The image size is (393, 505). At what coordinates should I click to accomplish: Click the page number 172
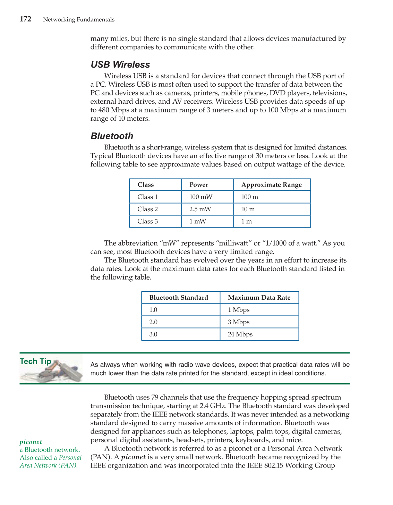[25, 19]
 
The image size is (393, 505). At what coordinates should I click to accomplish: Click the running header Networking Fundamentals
[79, 20]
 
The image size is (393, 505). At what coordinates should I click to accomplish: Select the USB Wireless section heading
[120, 65]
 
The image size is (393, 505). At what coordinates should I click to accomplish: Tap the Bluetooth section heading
[112, 136]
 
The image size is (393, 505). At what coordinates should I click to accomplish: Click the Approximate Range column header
[271, 185]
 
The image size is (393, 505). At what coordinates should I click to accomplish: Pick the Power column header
[199, 185]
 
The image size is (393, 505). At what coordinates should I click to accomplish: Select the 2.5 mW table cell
[200, 209]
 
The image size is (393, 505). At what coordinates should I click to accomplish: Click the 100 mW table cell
[200, 197]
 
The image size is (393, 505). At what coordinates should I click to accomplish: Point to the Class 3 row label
[147, 221]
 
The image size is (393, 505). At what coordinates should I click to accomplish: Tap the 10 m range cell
[248, 209]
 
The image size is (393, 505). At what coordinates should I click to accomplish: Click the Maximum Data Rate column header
[259, 298]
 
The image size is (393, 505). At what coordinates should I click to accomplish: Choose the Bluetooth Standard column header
[179, 298]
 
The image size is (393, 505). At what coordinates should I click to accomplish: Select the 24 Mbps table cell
[240, 334]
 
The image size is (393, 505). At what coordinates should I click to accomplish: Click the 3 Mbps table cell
[239, 322]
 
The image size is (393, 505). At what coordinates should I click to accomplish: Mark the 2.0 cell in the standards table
[153, 322]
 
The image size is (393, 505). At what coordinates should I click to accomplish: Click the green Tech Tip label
[35, 361]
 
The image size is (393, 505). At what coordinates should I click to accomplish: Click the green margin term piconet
[31, 442]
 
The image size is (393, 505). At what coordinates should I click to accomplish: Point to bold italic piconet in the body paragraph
[133, 457]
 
